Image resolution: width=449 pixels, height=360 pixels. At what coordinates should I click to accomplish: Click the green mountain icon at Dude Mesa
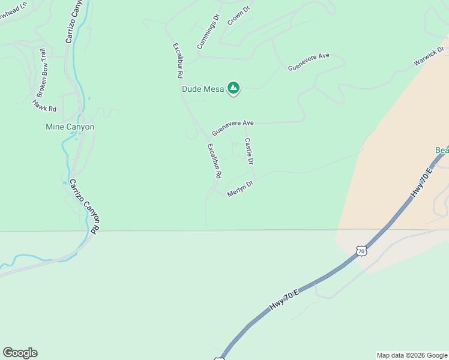point(234,89)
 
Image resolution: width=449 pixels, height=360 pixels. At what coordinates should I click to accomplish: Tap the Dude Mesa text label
point(203,89)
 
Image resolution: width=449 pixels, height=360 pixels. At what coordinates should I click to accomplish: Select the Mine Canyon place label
point(70,127)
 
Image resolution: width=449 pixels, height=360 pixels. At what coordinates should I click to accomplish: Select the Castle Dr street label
point(249,152)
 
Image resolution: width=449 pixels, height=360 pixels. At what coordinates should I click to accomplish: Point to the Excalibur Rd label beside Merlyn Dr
point(215,161)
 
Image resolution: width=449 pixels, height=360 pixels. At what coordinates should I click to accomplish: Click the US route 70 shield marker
point(360,251)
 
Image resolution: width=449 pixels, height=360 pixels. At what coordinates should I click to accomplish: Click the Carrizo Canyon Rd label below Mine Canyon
point(84,206)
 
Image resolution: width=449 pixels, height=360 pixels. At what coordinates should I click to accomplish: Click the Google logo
point(20,353)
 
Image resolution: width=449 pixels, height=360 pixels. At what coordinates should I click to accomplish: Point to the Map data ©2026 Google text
point(411,355)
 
